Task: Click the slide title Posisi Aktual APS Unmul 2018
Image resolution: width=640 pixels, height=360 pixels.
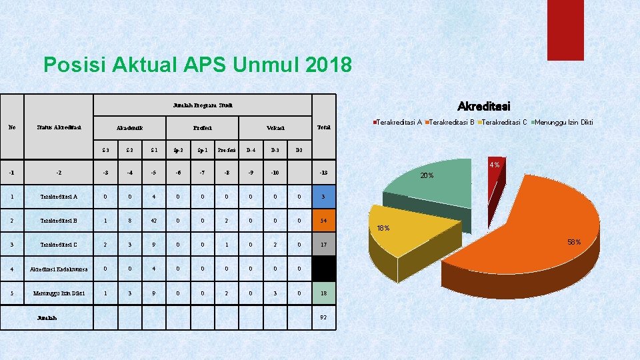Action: pos(197,65)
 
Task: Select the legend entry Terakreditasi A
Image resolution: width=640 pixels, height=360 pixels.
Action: pos(398,122)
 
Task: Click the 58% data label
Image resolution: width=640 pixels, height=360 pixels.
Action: pos(574,242)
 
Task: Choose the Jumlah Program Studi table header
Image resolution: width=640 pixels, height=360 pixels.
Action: pos(202,105)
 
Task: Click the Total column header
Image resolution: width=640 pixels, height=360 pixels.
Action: pos(323,127)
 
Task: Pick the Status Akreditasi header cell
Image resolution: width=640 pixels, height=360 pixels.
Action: pos(59,127)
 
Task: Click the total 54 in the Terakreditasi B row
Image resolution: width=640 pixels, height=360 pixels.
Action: pos(323,220)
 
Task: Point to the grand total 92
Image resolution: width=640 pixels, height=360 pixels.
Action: pos(323,317)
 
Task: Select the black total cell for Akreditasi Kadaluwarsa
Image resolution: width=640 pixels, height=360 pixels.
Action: pos(323,269)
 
